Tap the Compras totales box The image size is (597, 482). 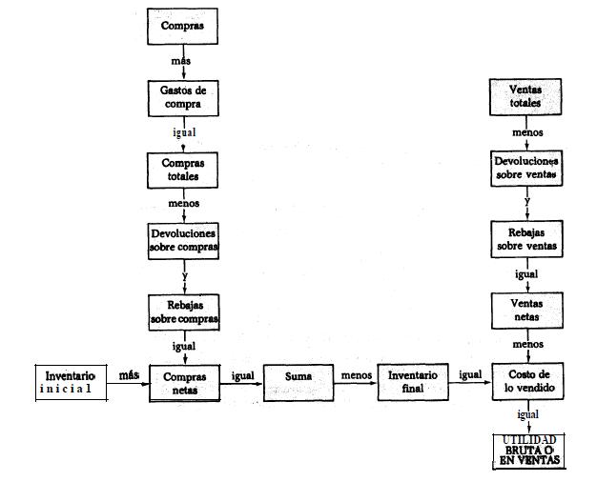[x=183, y=171]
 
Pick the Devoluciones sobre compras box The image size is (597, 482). [x=183, y=240]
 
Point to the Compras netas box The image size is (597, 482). [x=183, y=383]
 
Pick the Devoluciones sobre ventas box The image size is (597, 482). [x=526, y=169]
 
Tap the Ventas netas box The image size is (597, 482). [x=526, y=311]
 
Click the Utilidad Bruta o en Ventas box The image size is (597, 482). [x=527, y=451]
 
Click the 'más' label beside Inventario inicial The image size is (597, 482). [x=129, y=375]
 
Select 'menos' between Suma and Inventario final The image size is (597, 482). [x=356, y=375]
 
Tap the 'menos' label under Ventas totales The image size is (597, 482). [x=527, y=132]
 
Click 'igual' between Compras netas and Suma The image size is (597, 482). [x=242, y=375]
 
